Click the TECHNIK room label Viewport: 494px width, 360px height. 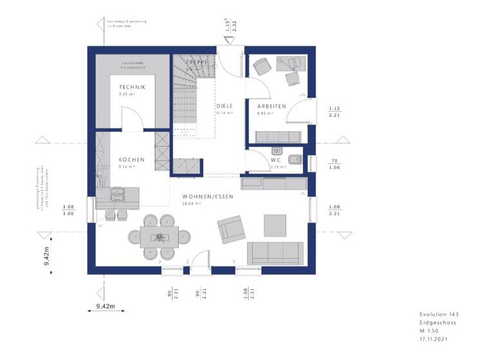coord(132,87)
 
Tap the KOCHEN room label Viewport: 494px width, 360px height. coord(131,159)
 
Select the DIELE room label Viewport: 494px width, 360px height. coord(224,105)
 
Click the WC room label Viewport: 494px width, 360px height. coord(277,159)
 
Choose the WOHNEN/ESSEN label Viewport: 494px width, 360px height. coord(207,196)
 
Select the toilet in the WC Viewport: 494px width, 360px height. coord(295,160)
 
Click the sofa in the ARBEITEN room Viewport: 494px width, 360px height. coord(278,136)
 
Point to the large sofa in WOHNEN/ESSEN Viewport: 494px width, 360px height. coord(276,253)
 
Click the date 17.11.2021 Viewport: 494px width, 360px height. coord(433,337)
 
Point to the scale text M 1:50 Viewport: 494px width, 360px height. coord(428,330)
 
